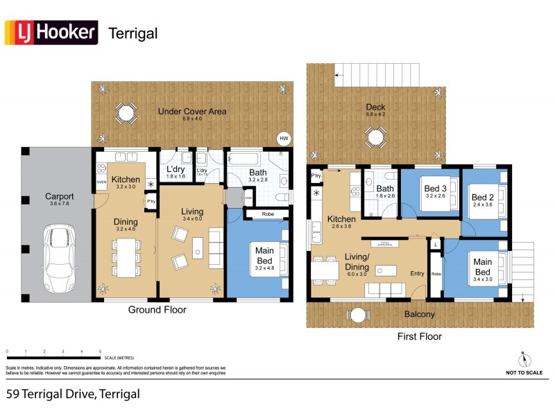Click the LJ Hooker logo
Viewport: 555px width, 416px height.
[51, 33]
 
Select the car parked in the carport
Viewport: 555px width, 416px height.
[56, 259]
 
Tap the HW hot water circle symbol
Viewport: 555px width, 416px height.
[283, 138]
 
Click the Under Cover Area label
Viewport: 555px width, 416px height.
[191, 111]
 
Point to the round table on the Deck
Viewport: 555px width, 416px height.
[375, 138]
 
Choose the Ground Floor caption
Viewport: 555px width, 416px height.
[157, 310]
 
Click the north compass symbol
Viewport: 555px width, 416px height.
[523, 359]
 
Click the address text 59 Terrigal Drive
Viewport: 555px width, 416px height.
[73, 395]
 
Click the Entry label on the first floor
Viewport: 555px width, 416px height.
[416, 274]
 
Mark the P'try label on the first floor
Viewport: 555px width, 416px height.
[316, 176]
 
